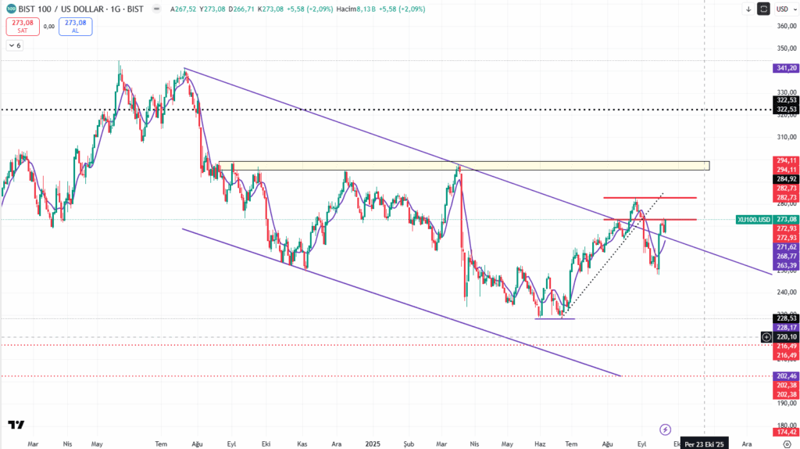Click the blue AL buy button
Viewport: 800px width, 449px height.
coord(74,26)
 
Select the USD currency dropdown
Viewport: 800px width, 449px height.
coord(783,9)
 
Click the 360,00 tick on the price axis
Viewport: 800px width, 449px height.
coord(784,26)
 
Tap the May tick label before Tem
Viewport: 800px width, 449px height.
coord(97,443)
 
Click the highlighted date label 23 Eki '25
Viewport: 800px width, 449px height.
coord(704,443)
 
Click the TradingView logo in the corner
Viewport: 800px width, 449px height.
coord(16,425)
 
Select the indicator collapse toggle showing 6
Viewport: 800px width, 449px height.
coord(15,45)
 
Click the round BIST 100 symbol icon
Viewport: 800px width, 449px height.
coord(10,9)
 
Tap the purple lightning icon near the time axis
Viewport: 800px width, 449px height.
coord(665,429)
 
